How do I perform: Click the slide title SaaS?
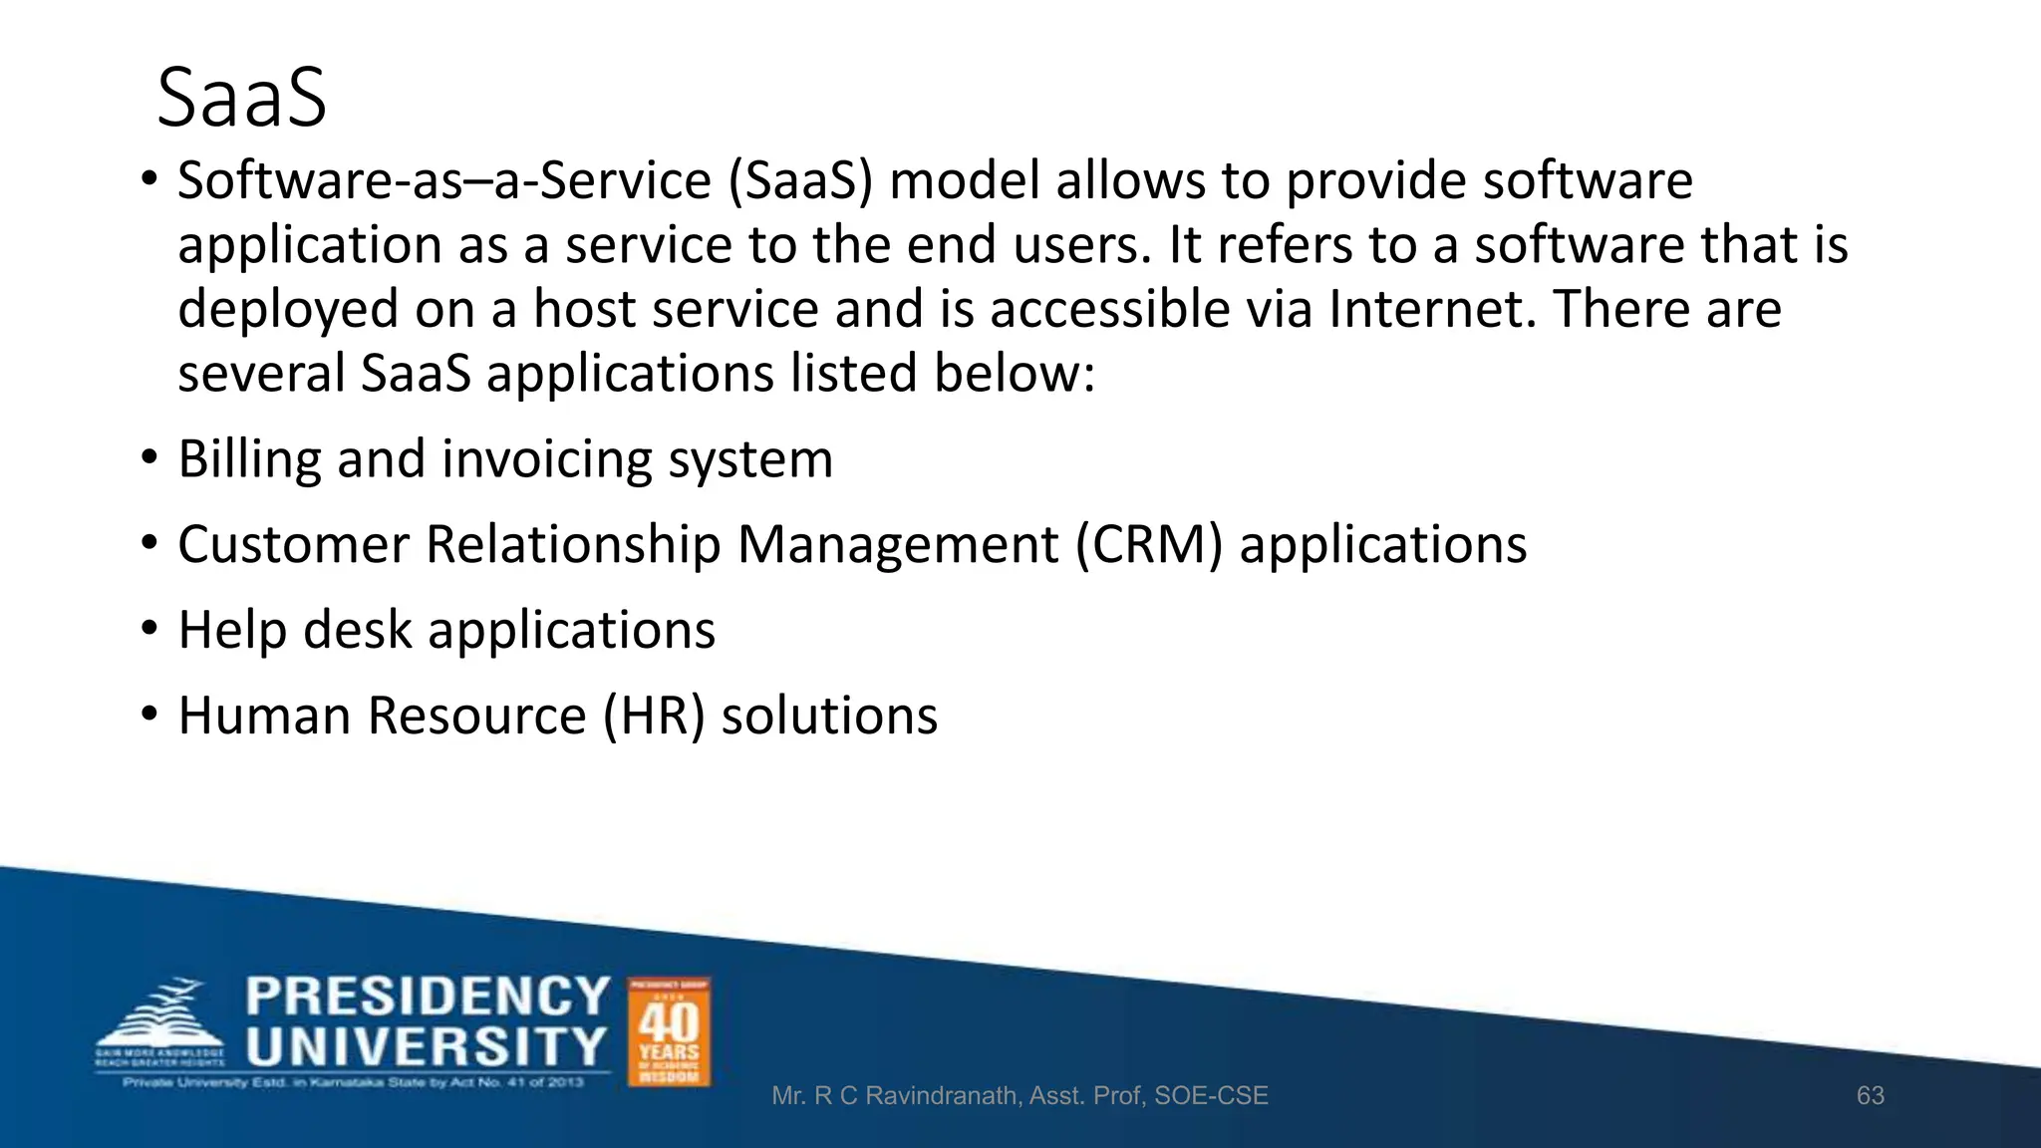pos(241,98)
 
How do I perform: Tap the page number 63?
pos(1870,1095)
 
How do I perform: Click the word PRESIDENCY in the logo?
pos(428,997)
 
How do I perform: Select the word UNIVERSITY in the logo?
pos(428,1047)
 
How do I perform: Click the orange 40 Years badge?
pos(669,1031)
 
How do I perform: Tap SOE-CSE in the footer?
pos(1211,1096)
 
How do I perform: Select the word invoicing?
pos(546,459)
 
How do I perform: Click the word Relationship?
pos(573,545)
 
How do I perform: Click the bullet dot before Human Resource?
pos(149,715)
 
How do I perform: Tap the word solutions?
pos(829,716)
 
